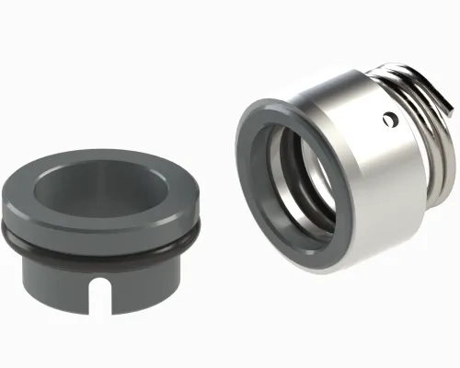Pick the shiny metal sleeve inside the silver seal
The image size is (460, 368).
[313, 179]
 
